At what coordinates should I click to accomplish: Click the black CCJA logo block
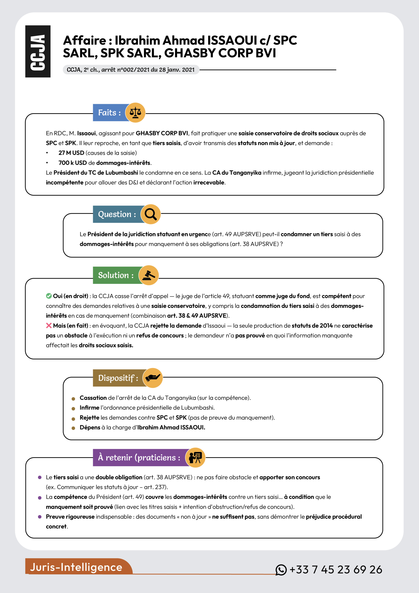click(38, 51)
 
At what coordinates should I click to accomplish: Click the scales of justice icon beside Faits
click(135, 112)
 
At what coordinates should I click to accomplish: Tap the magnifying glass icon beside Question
click(150, 214)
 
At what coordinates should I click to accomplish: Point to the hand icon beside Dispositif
click(153, 378)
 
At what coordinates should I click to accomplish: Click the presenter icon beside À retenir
click(195, 458)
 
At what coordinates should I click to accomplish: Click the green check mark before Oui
click(49, 296)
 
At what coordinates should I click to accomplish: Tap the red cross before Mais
click(49, 325)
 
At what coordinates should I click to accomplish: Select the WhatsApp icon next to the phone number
click(281, 570)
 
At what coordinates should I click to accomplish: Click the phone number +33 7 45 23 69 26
click(336, 570)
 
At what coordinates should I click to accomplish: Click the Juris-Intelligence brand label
click(76, 567)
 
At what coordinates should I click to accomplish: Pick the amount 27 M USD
click(71, 153)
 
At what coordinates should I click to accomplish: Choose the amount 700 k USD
click(72, 163)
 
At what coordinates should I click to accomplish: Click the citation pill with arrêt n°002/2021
click(131, 70)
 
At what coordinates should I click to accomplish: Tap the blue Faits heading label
click(109, 113)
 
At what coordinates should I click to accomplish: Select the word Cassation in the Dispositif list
click(93, 398)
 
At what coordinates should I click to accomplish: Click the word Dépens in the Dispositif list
click(90, 427)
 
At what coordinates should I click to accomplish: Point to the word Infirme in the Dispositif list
click(89, 407)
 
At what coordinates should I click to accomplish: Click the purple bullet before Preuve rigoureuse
click(40, 517)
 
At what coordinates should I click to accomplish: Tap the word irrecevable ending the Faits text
click(209, 182)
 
